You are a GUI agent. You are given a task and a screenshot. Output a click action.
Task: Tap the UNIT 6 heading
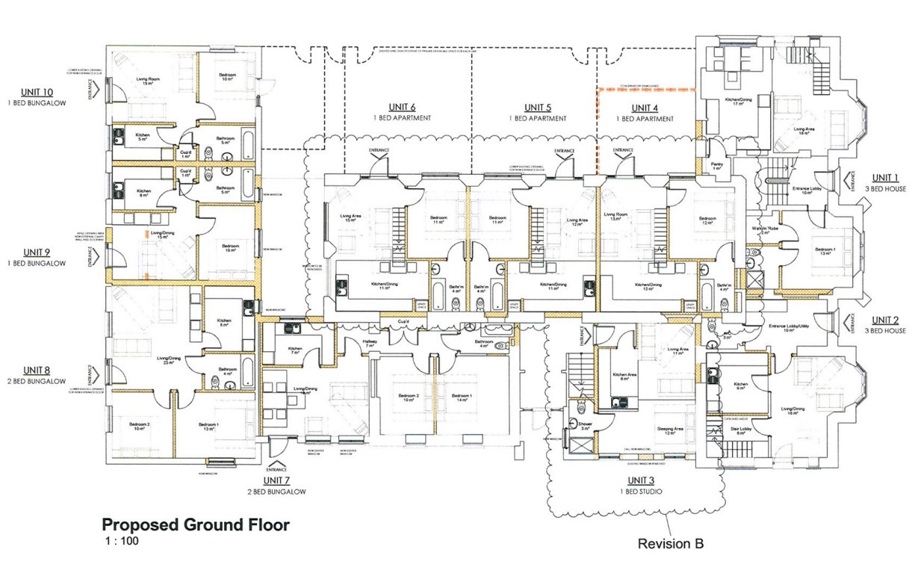pyautogui.click(x=403, y=107)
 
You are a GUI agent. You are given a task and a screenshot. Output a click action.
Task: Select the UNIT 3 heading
pyautogui.click(x=641, y=480)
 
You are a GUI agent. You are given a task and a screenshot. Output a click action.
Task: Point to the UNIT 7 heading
pyautogui.click(x=276, y=480)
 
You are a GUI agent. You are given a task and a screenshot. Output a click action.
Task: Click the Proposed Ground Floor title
pyautogui.click(x=195, y=524)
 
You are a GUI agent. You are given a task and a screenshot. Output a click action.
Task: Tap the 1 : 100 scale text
pyautogui.click(x=120, y=540)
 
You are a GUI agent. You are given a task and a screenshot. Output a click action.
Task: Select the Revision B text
pyautogui.click(x=670, y=544)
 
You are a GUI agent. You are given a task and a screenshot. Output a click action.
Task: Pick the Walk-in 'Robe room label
pyautogui.click(x=763, y=229)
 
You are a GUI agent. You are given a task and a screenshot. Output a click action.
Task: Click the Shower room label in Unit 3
pyautogui.click(x=585, y=424)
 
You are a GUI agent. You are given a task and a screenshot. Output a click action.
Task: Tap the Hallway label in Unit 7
pyautogui.click(x=370, y=343)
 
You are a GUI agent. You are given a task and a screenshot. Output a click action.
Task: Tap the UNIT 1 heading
pyautogui.click(x=886, y=178)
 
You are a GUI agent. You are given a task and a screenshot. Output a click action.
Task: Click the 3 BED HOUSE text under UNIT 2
pyautogui.click(x=886, y=330)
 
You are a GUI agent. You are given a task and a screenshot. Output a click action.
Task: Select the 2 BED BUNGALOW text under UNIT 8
pyautogui.click(x=37, y=381)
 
